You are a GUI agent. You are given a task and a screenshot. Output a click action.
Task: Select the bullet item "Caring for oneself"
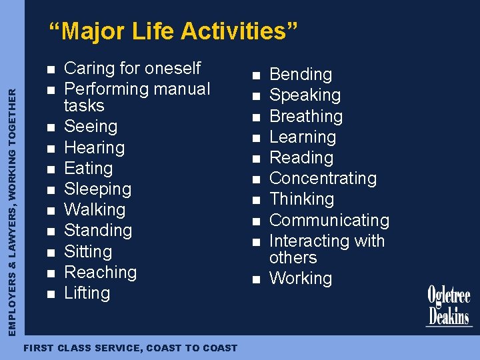pos(132,68)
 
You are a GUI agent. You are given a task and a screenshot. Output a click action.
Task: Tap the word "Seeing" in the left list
pos(91,127)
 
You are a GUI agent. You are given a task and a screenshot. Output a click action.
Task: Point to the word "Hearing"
pos(94,147)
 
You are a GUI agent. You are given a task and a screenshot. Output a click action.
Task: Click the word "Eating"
pos(88,168)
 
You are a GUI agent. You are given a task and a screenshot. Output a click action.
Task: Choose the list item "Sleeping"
pos(97,189)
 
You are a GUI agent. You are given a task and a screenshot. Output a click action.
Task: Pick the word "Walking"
pos(95,210)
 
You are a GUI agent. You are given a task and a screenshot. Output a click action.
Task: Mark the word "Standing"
pos(98,231)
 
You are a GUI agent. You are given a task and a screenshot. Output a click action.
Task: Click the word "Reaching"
pos(100,272)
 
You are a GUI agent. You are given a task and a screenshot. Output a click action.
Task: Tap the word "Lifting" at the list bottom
pos(87,293)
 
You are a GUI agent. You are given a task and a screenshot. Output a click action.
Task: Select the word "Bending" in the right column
pos(300,75)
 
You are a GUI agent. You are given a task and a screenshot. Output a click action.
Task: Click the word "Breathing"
pos(305,117)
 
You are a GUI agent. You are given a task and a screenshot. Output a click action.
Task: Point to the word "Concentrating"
pos(323,179)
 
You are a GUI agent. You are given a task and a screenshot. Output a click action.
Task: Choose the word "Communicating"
pos(329,220)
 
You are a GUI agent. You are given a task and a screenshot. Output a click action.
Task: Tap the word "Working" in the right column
pos(300,279)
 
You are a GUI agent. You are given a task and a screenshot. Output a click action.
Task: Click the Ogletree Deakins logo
pos(449,306)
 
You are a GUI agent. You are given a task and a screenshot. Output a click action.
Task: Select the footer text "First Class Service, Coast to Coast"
pos(130,348)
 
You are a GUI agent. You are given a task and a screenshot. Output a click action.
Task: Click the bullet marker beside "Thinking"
pos(254,199)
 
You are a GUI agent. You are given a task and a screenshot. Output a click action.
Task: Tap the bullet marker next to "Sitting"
pos(49,253)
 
